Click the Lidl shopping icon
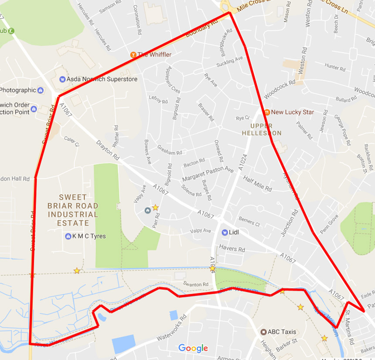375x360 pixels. point(225,232)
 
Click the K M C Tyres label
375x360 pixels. point(89,236)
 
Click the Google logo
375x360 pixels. point(193,348)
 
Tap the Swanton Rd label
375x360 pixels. point(194,284)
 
